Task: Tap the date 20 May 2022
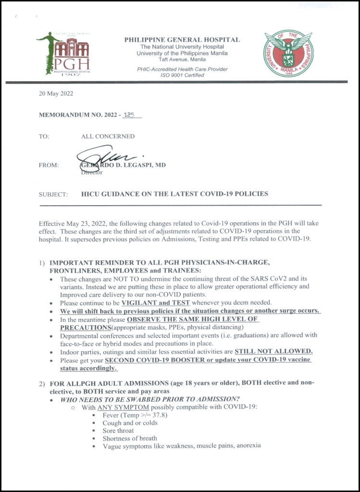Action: click(x=56, y=94)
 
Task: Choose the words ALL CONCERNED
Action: click(x=108, y=136)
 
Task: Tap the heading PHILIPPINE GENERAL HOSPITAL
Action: click(x=182, y=40)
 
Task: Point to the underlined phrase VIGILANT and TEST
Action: click(x=156, y=303)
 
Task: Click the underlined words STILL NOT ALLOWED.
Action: click(x=273, y=351)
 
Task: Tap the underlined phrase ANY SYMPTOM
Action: click(x=120, y=407)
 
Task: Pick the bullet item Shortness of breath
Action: click(x=130, y=438)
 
